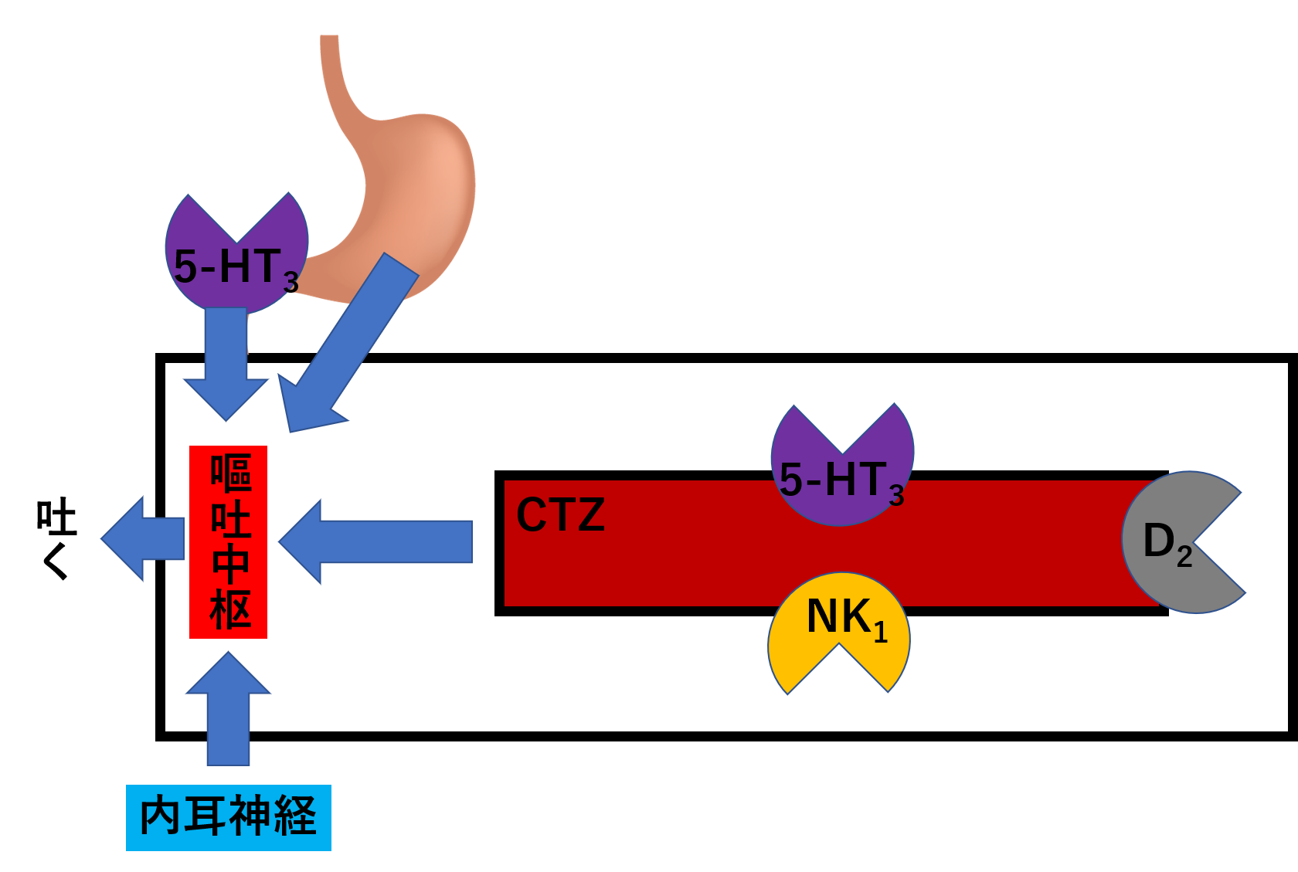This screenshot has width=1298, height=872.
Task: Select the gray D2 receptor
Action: point(1167,541)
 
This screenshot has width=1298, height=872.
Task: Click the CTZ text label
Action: point(560,515)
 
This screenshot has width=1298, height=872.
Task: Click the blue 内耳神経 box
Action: point(229,817)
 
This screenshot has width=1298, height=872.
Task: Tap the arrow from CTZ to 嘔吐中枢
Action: point(379,541)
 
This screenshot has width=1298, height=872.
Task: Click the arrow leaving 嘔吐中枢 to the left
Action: point(143,538)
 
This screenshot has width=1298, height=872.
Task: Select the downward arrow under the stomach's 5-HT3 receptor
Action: point(226,363)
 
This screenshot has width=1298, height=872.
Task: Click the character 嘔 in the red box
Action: point(230,473)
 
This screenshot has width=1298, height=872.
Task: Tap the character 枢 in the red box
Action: point(230,610)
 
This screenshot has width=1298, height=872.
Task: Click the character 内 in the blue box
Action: point(160,816)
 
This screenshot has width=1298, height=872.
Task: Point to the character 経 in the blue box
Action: point(294,816)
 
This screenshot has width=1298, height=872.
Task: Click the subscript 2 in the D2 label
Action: point(1184,557)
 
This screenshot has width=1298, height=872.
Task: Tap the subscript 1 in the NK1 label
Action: point(880,633)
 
